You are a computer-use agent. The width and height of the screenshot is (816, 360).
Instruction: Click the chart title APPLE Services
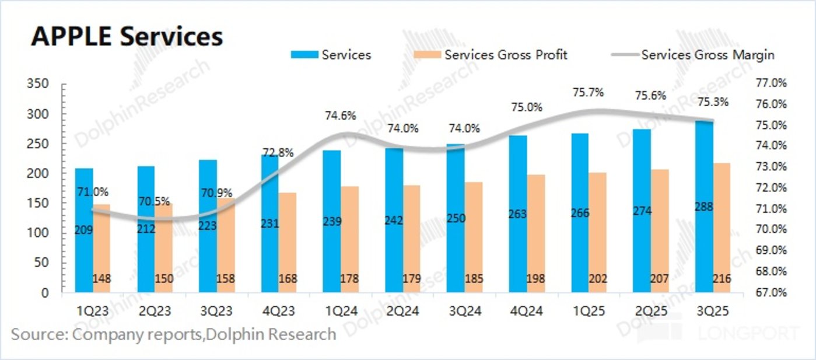click(127, 36)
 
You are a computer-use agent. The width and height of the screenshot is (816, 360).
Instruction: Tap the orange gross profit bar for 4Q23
click(287, 242)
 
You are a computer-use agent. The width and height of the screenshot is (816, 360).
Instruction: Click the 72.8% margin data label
click(278, 153)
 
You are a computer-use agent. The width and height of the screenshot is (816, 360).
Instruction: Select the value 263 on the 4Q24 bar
click(517, 214)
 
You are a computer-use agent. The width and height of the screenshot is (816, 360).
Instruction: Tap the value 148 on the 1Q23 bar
click(102, 279)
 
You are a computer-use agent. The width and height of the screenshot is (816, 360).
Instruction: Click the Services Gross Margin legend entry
click(708, 55)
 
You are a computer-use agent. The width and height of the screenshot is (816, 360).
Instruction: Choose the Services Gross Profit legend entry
click(505, 55)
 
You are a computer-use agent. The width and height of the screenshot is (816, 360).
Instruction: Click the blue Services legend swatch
click(304, 55)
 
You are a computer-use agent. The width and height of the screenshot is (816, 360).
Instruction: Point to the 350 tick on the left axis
click(37, 84)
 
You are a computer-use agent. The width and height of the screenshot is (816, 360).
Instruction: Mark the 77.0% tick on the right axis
click(771, 83)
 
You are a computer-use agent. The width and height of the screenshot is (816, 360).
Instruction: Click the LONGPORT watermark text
click(750, 334)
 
